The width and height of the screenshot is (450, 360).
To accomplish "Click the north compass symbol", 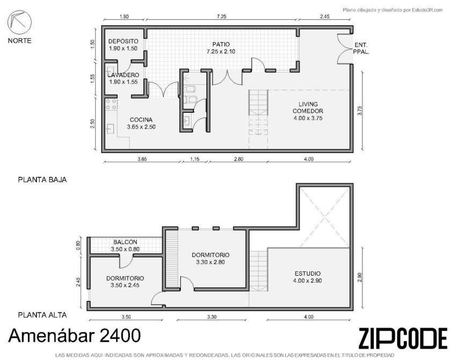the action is (19, 23).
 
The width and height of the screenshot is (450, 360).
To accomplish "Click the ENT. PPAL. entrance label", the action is (361, 48).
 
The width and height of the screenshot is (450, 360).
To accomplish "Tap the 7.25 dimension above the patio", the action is (221, 16).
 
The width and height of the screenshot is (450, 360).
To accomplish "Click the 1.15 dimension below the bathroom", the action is (194, 159).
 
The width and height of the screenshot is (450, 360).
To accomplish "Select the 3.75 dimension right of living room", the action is (360, 111).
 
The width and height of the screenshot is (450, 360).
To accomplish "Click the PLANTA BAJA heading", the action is (42, 179).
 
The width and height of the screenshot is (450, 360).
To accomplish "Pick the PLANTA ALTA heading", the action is (42, 315).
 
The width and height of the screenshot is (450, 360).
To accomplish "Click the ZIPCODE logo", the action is (403, 338).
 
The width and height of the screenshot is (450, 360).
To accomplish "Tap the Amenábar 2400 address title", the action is (75, 336).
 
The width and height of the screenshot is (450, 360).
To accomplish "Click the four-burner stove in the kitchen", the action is (112, 104).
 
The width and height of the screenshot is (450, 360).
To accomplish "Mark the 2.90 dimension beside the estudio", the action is (360, 277).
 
